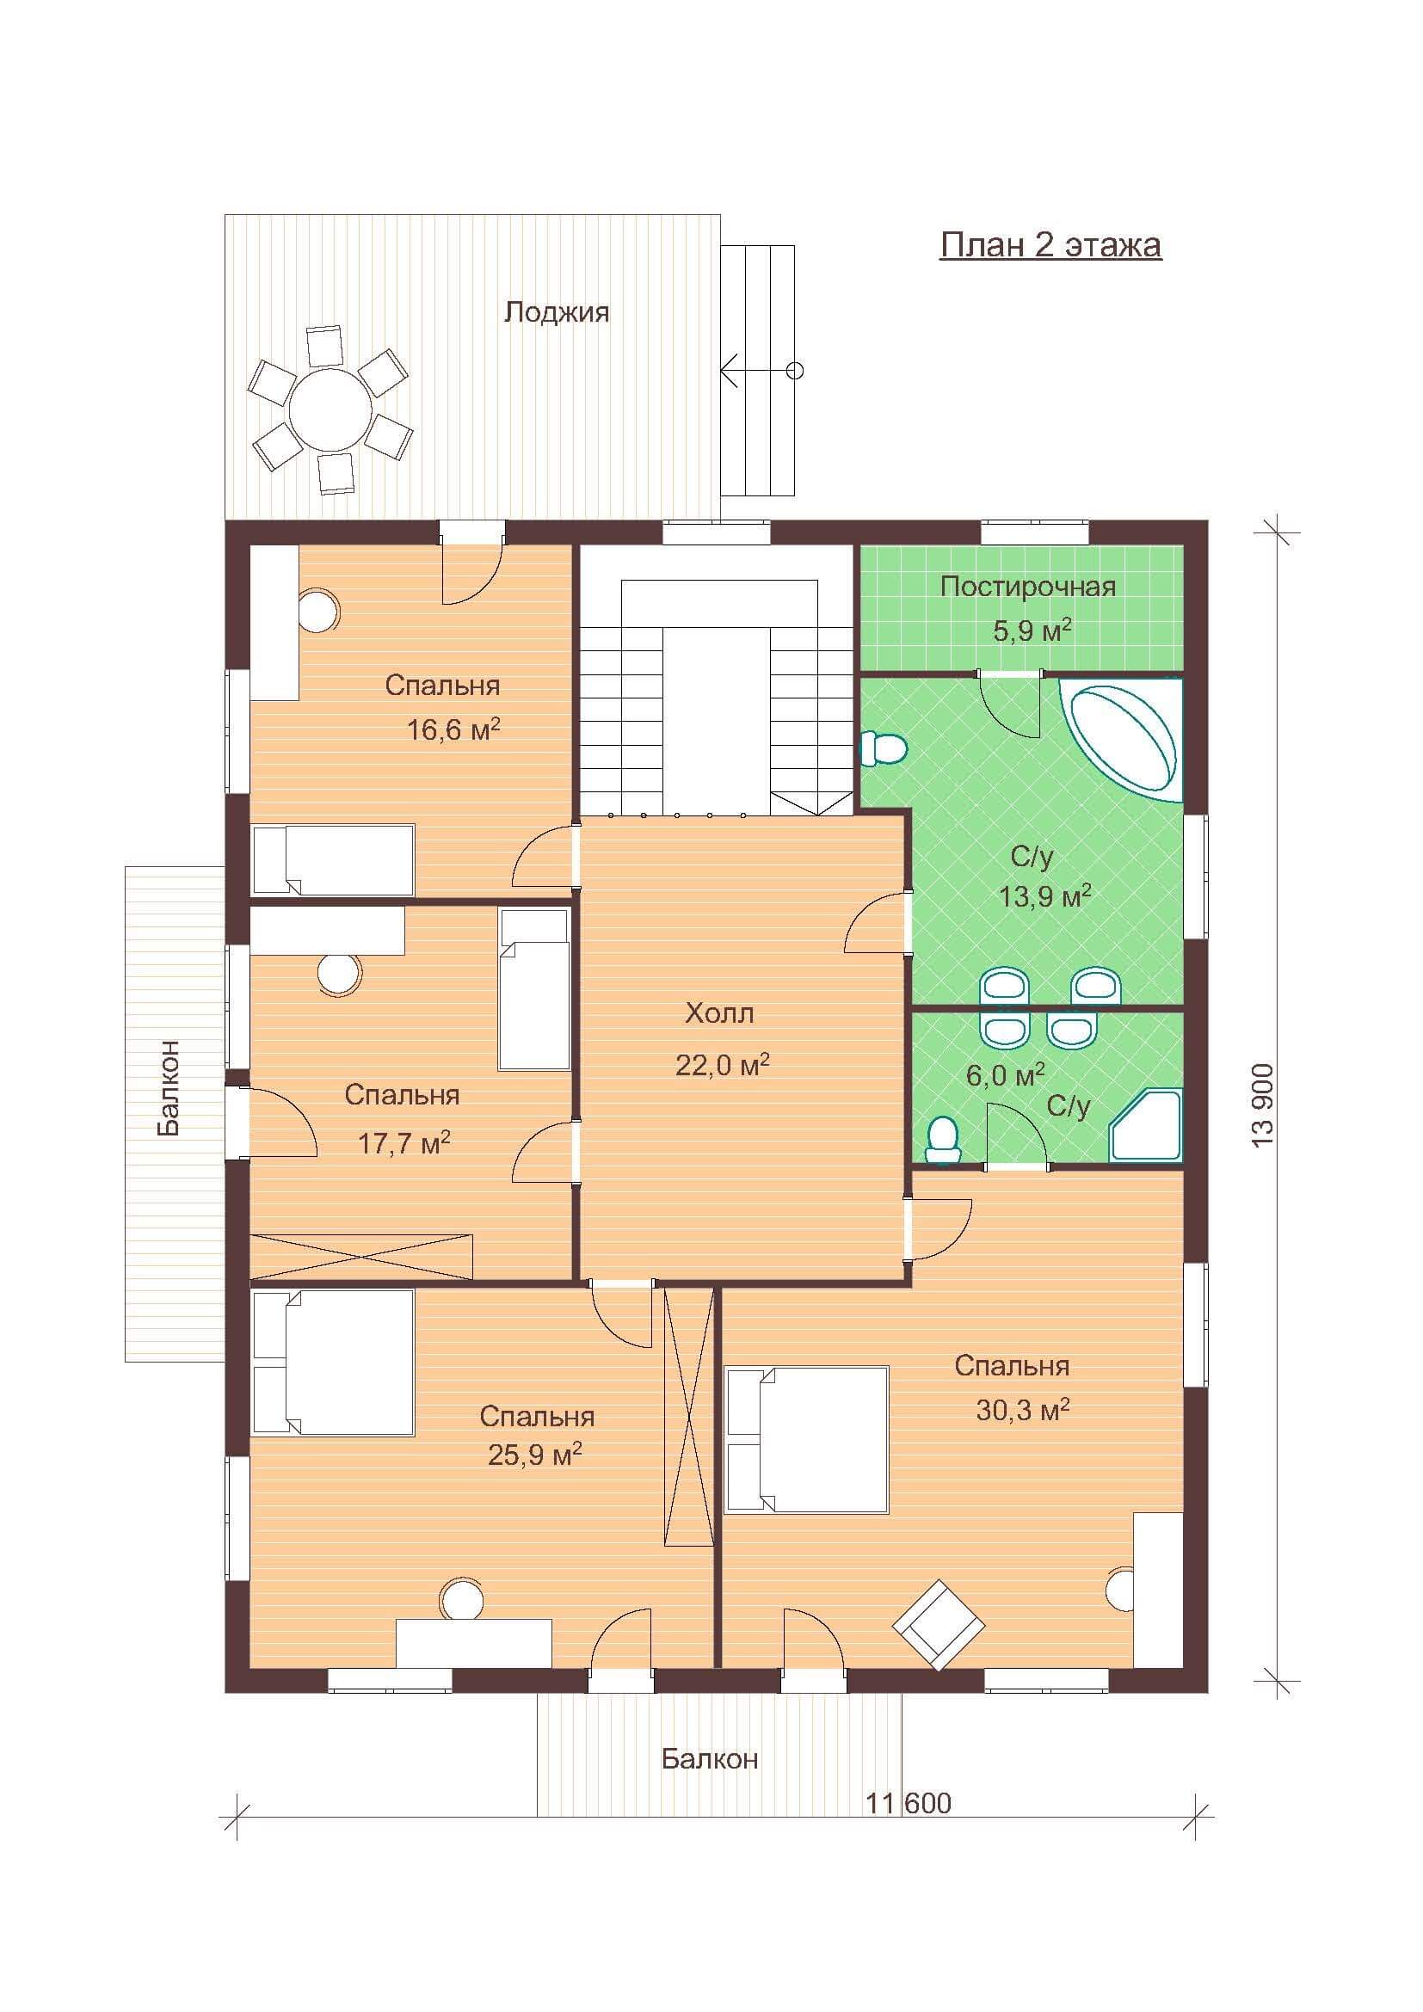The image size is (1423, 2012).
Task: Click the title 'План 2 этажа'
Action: [x=1050, y=245]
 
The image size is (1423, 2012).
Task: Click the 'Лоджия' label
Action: [x=557, y=312]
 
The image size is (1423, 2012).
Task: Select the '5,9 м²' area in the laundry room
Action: [x=1032, y=630]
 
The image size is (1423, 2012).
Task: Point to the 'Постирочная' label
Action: [x=1028, y=587]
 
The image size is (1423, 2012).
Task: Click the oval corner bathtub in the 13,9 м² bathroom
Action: [x=1121, y=741]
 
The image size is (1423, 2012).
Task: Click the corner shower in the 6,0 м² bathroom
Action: [x=1146, y=1125]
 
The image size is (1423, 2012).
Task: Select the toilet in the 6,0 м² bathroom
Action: [x=942, y=1141]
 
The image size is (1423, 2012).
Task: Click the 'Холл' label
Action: [x=719, y=1014]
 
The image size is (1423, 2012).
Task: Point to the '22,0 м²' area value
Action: [x=722, y=1065]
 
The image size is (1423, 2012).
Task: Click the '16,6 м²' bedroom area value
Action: [x=453, y=729]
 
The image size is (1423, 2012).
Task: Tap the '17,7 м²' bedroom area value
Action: [x=404, y=1143]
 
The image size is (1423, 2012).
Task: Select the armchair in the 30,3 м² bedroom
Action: [x=939, y=1626]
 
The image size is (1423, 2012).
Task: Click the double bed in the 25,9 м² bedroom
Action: [x=333, y=1363]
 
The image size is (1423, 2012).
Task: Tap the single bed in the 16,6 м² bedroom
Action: [x=333, y=859]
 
